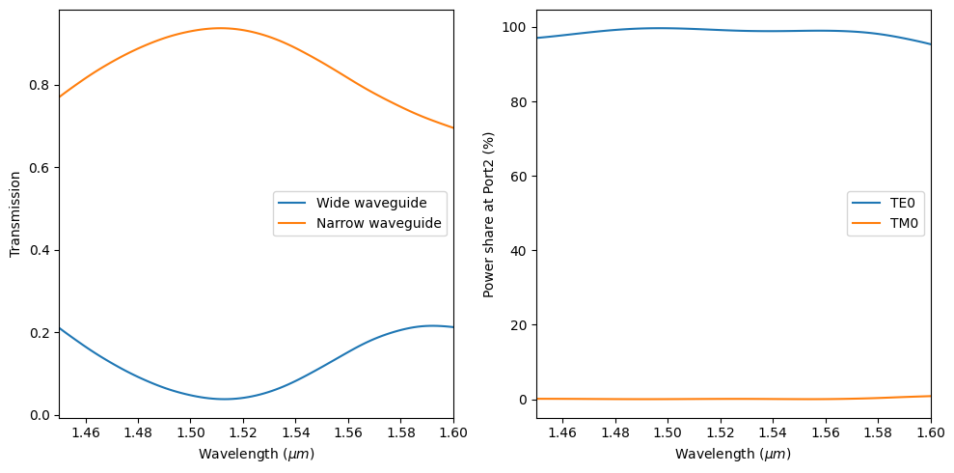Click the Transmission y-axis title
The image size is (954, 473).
pyautogui.click(x=14, y=214)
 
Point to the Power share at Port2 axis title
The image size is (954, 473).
pyautogui.click(x=488, y=214)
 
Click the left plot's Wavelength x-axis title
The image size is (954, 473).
pyautogui.click(x=256, y=454)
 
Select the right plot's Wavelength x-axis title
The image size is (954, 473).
pyautogui.click(x=733, y=454)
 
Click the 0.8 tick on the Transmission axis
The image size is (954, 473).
pyautogui.click(x=39, y=85)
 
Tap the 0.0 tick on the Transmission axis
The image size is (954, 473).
pyautogui.click(x=39, y=415)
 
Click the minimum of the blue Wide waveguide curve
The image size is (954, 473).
pyautogui.click(x=224, y=399)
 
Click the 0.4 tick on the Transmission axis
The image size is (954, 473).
pyautogui.click(x=39, y=250)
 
